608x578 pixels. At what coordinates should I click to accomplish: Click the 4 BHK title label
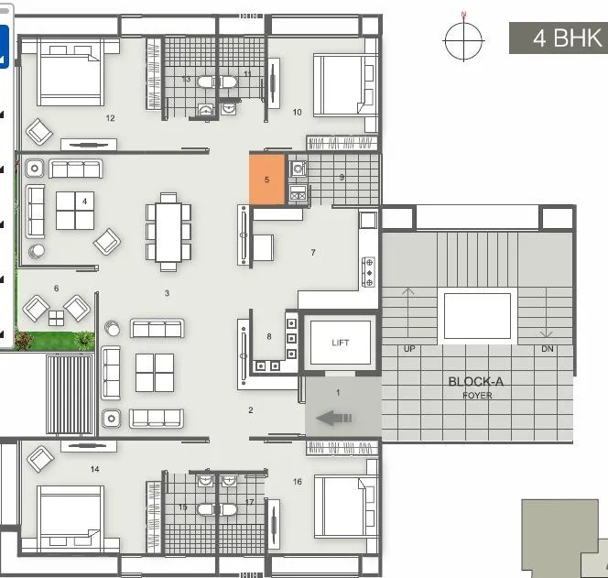(x=556, y=39)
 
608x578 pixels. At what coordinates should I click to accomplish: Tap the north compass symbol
(x=464, y=38)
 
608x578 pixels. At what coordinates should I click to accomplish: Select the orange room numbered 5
(x=266, y=180)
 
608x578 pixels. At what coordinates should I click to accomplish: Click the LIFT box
(x=341, y=343)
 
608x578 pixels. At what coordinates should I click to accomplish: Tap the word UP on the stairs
(x=408, y=349)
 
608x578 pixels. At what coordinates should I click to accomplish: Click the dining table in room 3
(x=168, y=231)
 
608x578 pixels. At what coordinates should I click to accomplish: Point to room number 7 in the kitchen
(x=313, y=252)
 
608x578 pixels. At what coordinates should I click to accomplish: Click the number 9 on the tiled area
(x=342, y=177)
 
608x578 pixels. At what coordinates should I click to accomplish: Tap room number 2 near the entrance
(x=250, y=409)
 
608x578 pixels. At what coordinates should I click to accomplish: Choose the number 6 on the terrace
(x=56, y=288)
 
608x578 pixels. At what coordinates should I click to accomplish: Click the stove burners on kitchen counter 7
(x=370, y=272)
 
